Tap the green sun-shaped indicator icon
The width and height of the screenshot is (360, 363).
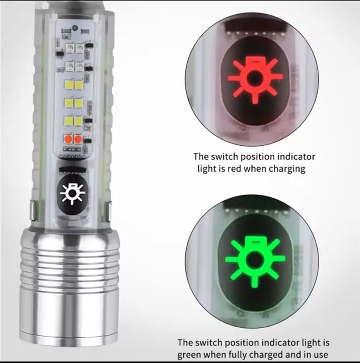point(255,261)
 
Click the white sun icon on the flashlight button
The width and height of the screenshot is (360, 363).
point(73,193)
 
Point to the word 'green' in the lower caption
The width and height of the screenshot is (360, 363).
point(189,354)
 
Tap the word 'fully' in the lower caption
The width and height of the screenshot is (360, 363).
point(238,354)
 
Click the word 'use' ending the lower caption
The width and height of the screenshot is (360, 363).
point(320,355)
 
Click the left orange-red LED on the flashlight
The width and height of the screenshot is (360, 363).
point(68,139)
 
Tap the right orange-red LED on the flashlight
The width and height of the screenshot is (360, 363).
point(78,139)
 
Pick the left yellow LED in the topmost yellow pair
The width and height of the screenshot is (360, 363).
point(69,85)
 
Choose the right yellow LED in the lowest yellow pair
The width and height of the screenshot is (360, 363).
point(78,121)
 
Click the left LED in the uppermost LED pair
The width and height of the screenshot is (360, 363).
point(69,48)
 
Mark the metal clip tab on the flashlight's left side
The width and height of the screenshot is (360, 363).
point(33,210)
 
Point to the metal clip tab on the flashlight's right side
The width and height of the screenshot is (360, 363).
point(109,212)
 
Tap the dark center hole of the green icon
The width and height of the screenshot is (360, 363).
point(254,260)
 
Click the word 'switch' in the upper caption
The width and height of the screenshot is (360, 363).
point(225,157)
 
